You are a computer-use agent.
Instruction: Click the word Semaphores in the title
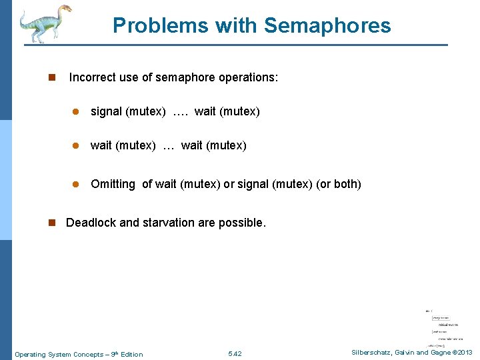327,26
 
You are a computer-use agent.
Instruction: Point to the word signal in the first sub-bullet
106,111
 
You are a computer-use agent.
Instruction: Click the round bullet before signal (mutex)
77,112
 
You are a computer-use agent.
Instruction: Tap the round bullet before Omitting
77,184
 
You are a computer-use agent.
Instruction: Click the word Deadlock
91,223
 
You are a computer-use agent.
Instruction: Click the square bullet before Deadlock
51,223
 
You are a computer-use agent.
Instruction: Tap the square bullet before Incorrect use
51,78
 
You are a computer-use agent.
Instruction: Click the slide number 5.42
235,354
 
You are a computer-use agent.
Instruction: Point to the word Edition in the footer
131,354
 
